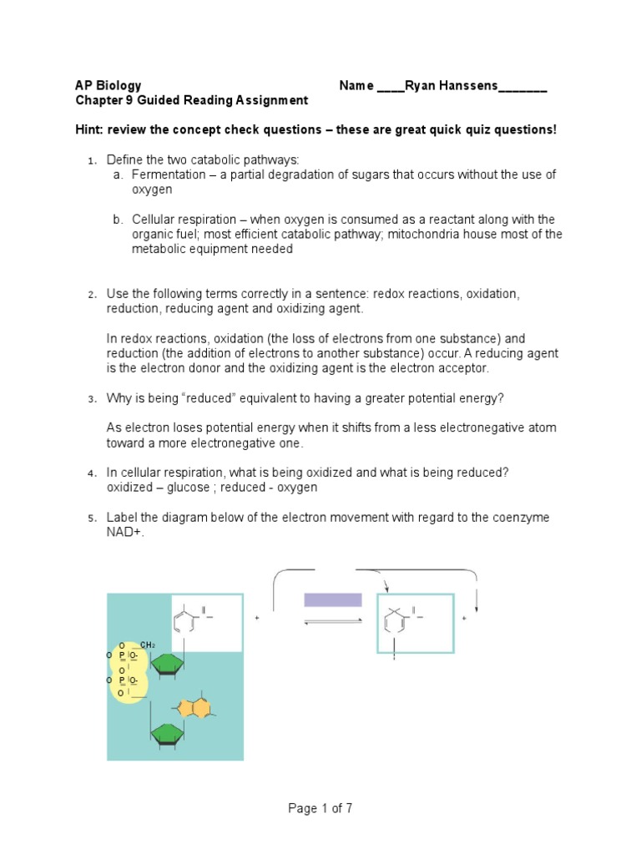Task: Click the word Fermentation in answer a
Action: [x=167, y=175]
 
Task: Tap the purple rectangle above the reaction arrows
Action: [x=333, y=600]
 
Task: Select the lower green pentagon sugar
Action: [x=167, y=733]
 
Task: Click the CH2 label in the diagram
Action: [x=146, y=645]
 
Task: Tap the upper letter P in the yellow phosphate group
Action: [x=122, y=655]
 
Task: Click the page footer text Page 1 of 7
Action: [x=320, y=808]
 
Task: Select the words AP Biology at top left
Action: [x=109, y=85]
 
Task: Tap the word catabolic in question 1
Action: [x=230, y=159]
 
